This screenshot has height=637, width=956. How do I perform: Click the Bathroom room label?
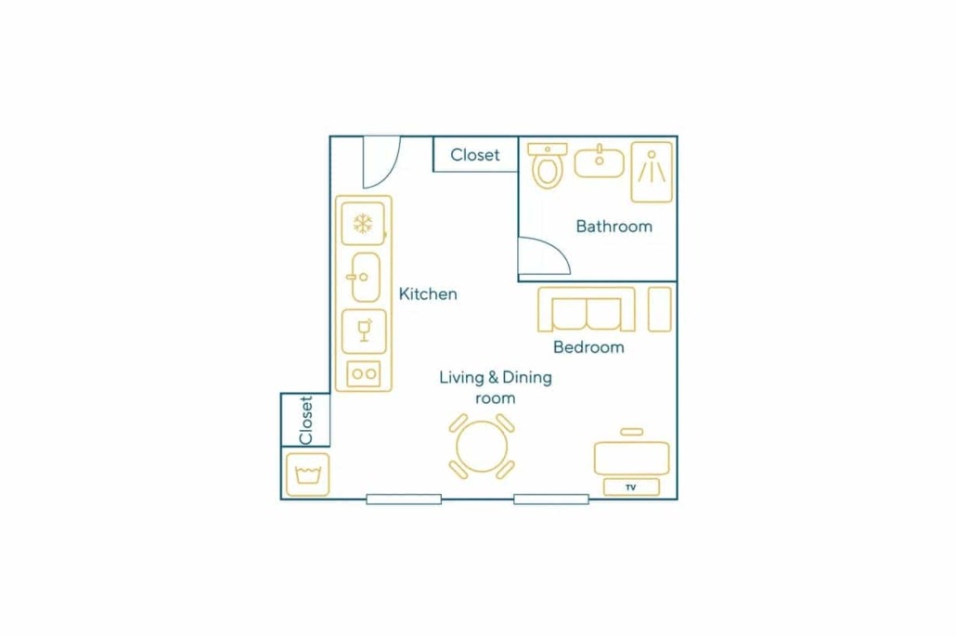point(614,227)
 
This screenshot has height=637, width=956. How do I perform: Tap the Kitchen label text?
point(427,294)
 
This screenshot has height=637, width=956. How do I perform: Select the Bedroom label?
point(588,347)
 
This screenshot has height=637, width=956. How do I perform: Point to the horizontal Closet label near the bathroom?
point(475,155)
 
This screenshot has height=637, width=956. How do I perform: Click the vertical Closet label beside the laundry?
point(306,421)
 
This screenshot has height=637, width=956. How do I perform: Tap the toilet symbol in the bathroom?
point(548,166)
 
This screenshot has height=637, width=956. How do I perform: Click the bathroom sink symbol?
point(600,162)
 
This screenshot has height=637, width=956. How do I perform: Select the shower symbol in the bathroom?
point(652,172)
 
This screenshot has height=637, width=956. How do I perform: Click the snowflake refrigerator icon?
point(364,224)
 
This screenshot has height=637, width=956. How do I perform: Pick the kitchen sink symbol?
point(366,278)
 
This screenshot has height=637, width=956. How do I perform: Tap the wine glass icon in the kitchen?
point(364,331)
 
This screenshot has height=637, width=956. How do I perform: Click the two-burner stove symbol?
point(364,374)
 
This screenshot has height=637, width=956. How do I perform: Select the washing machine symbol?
point(308,474)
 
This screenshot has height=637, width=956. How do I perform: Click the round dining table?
point(482,446)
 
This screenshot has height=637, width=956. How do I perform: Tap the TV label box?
point(631,487)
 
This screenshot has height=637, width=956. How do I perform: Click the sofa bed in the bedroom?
point(587,309)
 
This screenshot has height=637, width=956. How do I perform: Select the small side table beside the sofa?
point(660,309)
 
